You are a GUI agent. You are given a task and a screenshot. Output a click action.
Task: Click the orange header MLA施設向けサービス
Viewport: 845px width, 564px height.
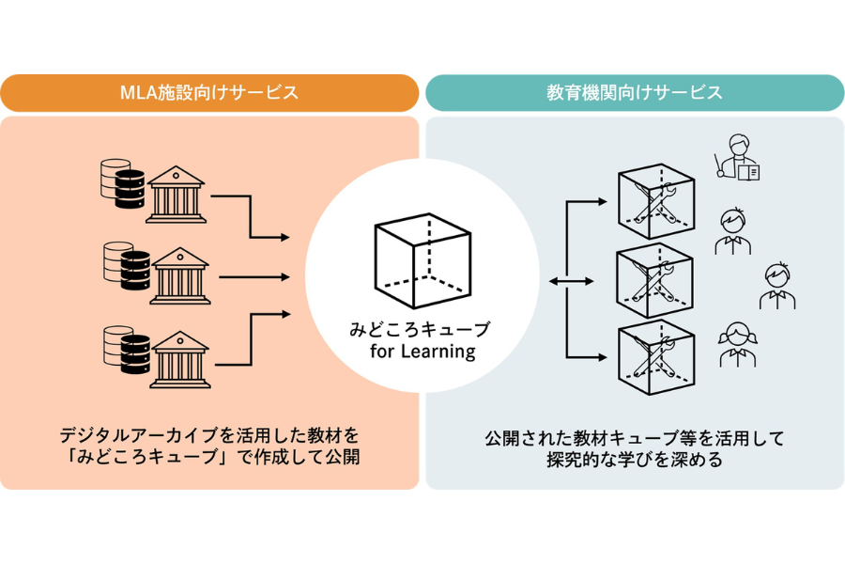(209, 93)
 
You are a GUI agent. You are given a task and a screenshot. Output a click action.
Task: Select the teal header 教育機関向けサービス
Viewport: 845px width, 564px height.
(635, 93)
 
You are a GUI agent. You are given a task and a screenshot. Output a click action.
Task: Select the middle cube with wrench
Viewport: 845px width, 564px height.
(654, 280)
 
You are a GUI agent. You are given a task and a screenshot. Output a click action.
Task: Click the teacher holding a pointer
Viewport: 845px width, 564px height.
(734, 154)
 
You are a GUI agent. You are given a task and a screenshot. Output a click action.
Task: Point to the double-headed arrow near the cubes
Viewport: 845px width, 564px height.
(569, 280)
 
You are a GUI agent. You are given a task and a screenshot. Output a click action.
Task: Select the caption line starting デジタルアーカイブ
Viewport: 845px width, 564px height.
(209, 436)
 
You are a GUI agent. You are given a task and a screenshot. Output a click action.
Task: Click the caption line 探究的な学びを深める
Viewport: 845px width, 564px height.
(635, 461)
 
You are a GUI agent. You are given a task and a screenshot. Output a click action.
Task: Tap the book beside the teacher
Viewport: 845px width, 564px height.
(748, 172)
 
